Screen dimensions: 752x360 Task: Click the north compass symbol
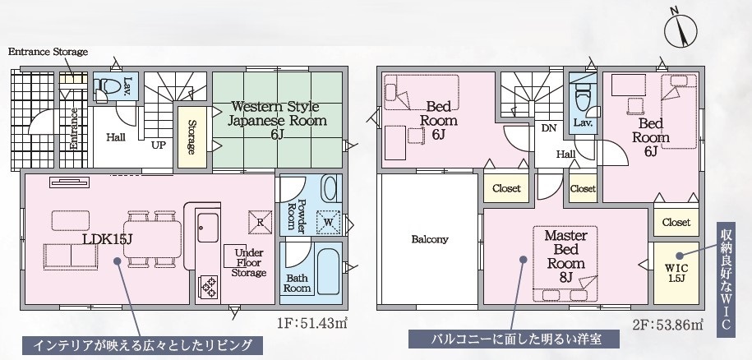[680, 30]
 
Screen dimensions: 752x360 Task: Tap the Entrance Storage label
[48, 52]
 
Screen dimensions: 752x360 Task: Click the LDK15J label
[107, 239]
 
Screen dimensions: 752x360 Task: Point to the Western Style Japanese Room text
[277, 120]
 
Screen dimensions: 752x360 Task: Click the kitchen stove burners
[209, 287]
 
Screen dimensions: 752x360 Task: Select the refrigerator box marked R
[260, 223]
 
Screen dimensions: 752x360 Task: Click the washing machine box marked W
[329, 223]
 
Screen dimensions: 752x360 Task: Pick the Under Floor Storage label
[248, 263]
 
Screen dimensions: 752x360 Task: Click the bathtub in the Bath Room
[329, 271]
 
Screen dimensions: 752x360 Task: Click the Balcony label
[430, 239]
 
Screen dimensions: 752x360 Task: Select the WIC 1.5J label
[676, 273]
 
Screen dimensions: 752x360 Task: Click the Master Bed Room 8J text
[566, 256]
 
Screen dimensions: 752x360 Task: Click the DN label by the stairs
[549, 128]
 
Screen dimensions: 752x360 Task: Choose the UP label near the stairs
[159, 145]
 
